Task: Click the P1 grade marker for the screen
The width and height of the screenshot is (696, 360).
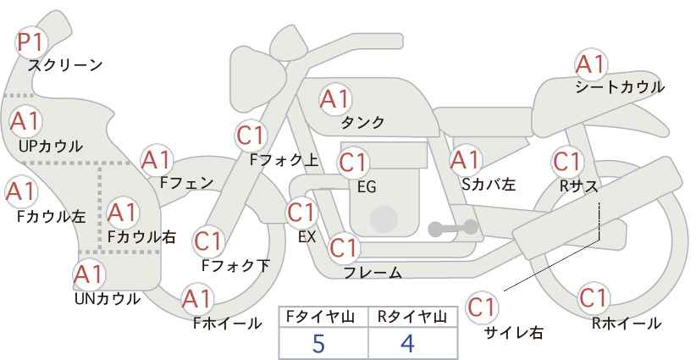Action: click(31, 42)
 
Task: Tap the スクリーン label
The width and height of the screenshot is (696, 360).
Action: click(65, 66)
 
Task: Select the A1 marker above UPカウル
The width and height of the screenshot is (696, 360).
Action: click(25, 121)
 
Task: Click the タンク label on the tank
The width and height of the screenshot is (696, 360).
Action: click(362, 122)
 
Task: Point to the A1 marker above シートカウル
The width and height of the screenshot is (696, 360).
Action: click(590, 64)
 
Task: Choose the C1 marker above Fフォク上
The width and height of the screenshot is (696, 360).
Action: click(251, 136)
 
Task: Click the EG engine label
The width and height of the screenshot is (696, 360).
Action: click(367, 187)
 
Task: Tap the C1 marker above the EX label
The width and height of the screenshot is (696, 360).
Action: click(301, 213)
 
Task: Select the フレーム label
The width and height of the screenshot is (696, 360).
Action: click(373, 273)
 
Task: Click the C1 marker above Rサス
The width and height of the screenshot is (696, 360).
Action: click(567, 162)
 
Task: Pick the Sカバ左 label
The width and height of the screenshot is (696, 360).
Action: click(489, 184)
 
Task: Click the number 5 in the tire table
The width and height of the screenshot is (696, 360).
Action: click(318, 344)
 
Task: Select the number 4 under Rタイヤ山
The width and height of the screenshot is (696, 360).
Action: click(407, 344)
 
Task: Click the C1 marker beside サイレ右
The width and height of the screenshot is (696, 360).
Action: click(482, 307)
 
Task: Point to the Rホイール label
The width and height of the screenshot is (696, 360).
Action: click(627, 324)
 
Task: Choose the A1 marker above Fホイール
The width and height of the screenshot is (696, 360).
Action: click(196, 299)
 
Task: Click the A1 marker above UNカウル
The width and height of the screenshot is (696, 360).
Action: click(89, 274)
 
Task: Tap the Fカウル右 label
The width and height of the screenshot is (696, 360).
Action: click(141, 237)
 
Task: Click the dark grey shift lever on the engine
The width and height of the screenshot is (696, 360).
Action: click(453, 228)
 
